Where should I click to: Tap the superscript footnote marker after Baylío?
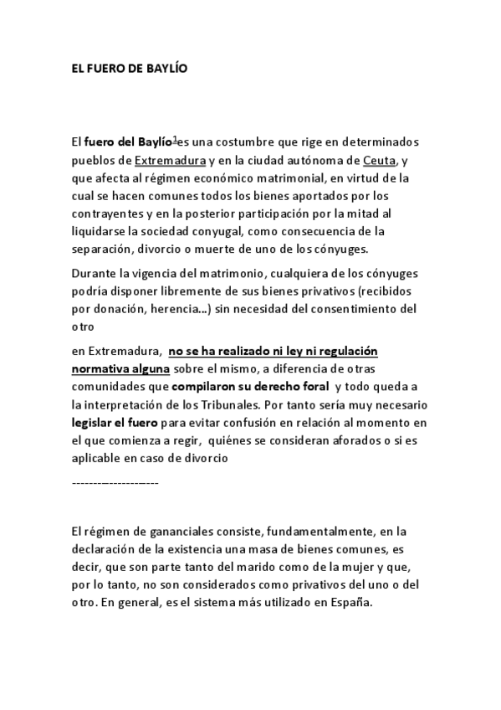pos(176,139)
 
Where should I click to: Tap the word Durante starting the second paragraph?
pos(95,273)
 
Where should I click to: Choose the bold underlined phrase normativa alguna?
pos(120,368)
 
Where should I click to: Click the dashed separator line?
pos(115,484)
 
